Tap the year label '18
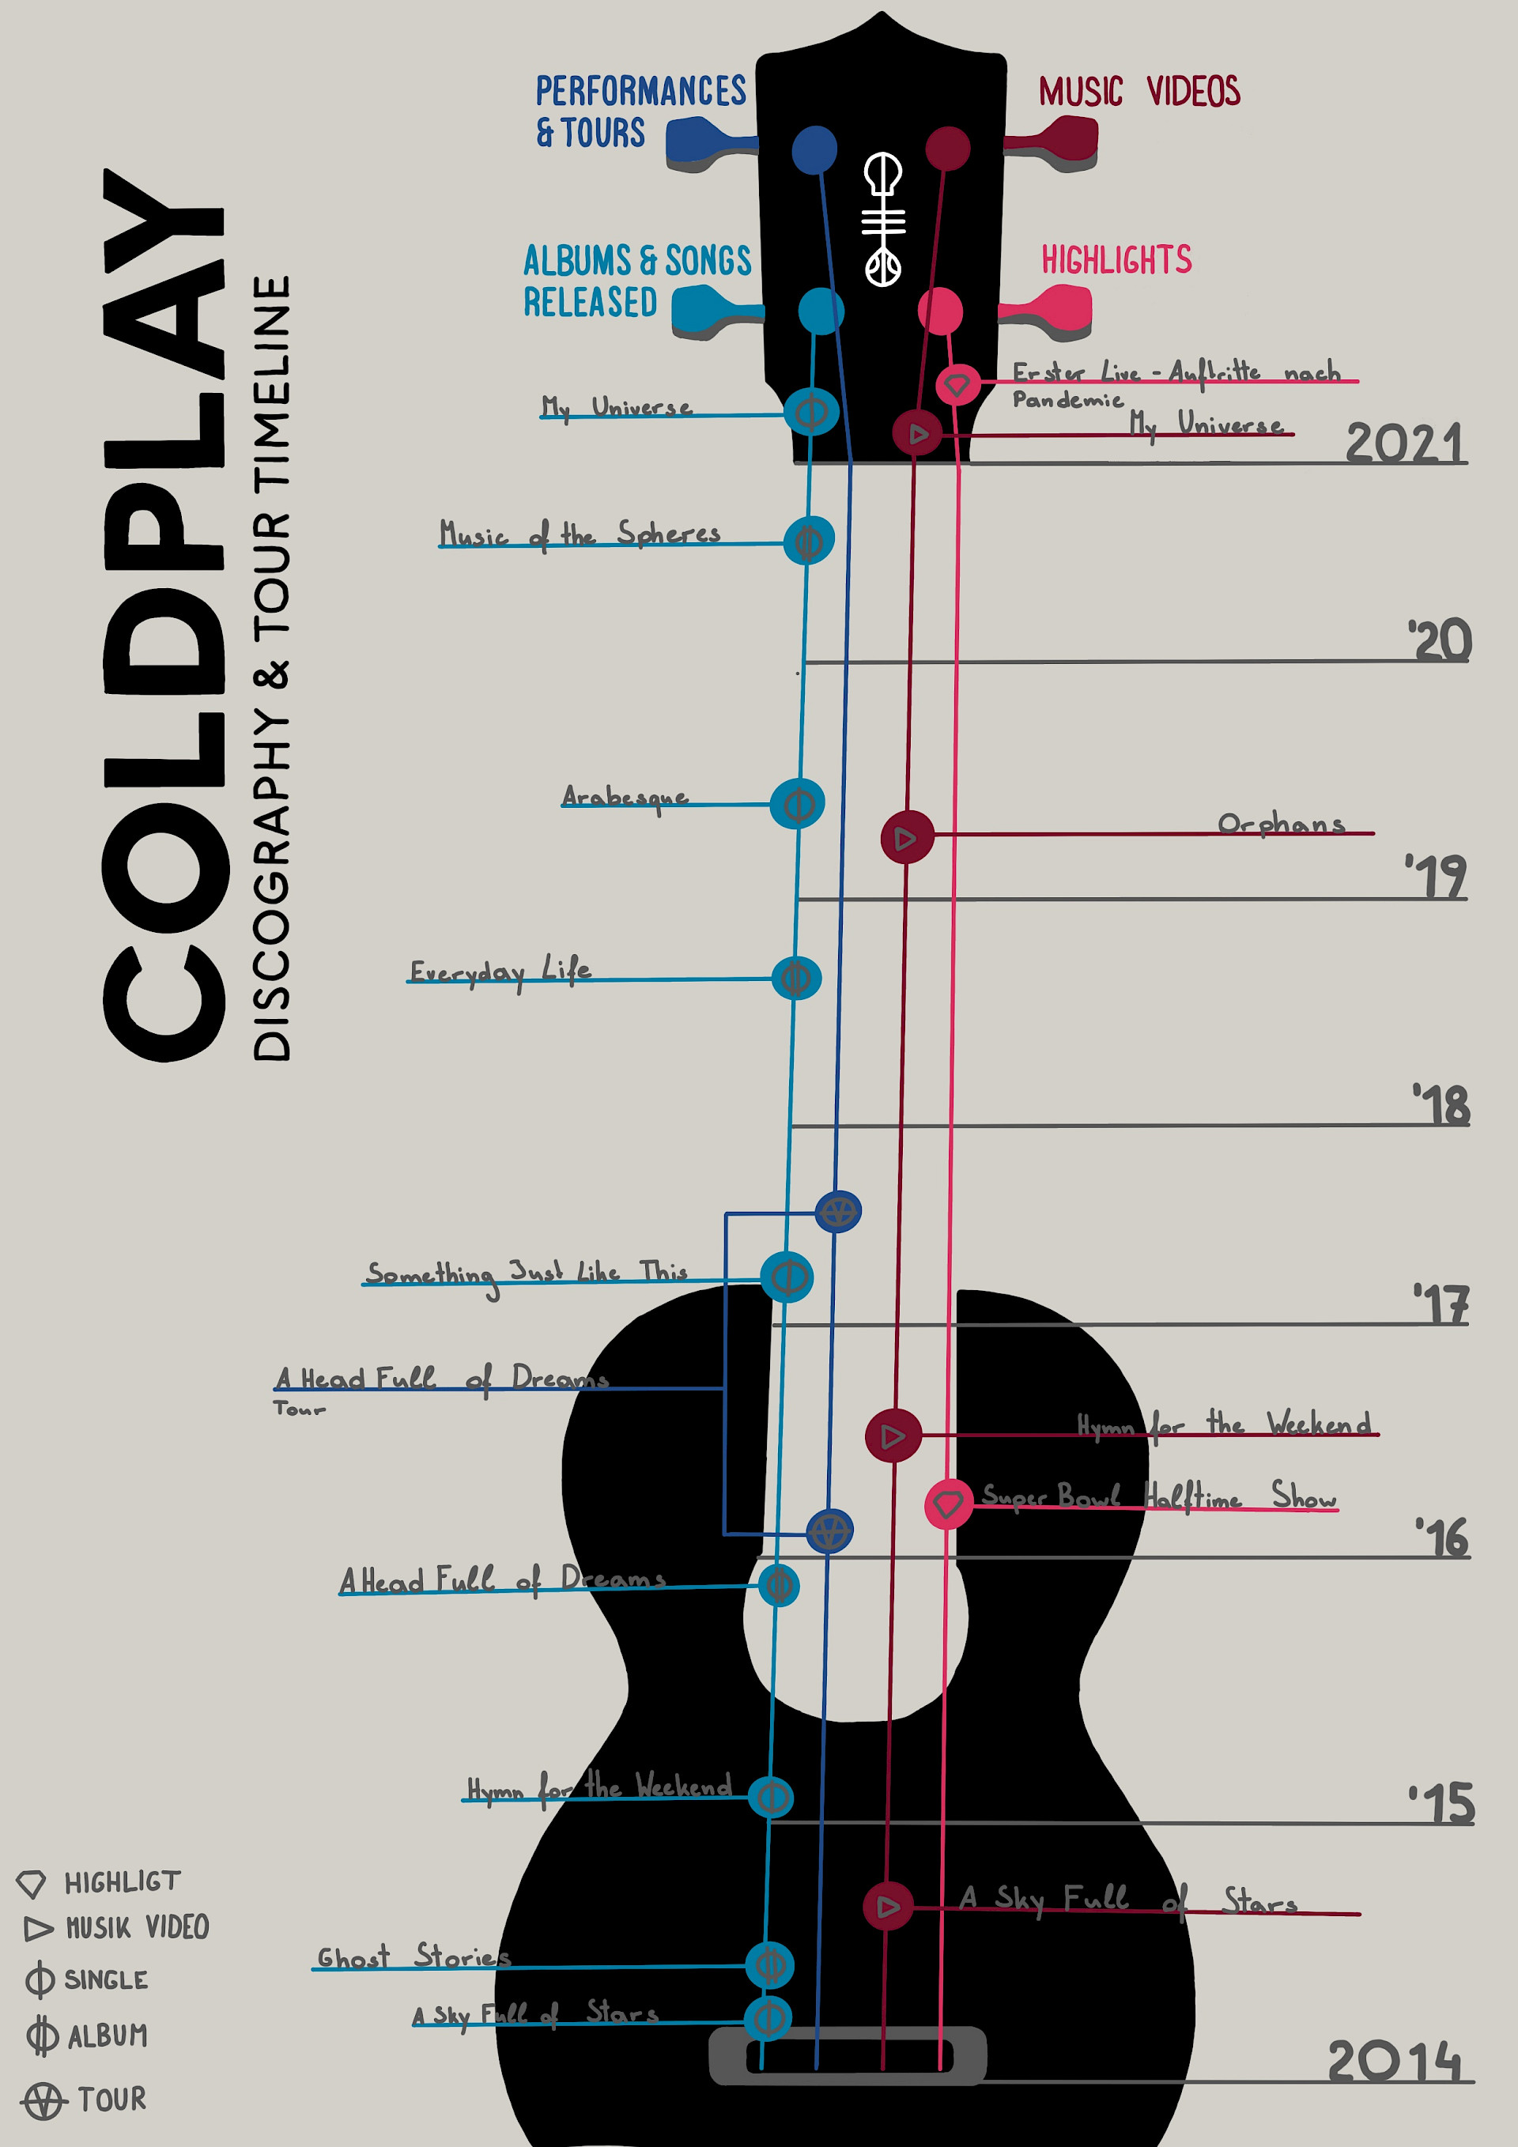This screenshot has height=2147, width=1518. tap(1441, 1105)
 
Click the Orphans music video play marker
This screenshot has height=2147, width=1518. tap(906, 837)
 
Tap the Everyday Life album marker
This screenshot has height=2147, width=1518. tap(796, 978)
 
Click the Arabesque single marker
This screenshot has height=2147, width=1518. tap(798, 803)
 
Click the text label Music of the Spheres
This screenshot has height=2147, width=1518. tap(580, 534)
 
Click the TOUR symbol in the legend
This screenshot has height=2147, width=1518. tap(43, 2100)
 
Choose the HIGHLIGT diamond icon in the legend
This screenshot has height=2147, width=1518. tap(31, 1883)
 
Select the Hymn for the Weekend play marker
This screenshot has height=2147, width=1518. tap(893, 1436)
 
